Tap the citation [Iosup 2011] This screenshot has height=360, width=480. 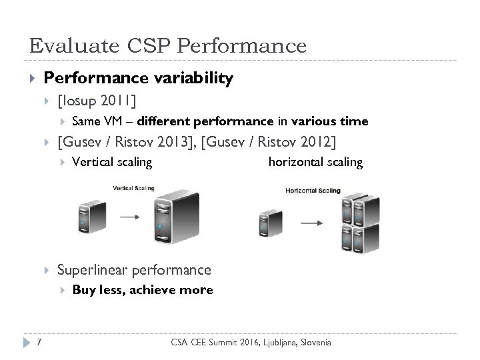tap(97, 101)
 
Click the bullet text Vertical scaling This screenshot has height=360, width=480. tap(111, 162)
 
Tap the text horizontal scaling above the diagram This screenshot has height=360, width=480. tap(315, 162)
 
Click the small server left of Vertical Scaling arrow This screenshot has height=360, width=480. tap(90, 215)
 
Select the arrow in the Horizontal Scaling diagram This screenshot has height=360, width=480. tap(309, 223)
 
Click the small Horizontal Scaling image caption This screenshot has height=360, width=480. tap(313, 191)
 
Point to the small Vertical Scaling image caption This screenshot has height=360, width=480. tap(133, 188)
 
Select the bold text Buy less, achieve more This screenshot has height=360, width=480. tap(142, 290)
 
